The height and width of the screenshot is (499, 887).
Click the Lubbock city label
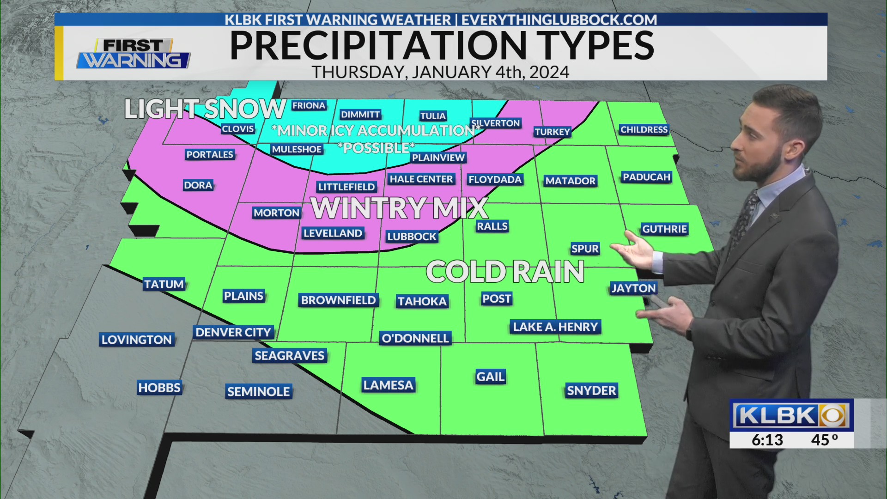(412, 237)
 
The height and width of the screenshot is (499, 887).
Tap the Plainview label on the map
(438, 158)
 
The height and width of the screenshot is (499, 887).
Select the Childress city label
(644, 129)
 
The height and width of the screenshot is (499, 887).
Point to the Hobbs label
(159, 387)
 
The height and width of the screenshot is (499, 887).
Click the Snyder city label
(591, 390)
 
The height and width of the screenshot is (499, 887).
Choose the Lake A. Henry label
(555, 327)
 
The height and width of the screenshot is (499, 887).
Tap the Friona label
(309, 105)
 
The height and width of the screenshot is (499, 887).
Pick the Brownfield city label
(338, 300)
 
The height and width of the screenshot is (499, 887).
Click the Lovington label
(137, 340)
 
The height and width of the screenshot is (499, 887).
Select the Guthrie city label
(664, 229)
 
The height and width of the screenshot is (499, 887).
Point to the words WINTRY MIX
(400, 208)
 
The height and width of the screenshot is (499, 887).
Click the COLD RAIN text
(505, 272)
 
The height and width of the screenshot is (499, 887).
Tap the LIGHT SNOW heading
(205, 110)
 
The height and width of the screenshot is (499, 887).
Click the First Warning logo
(134, 54)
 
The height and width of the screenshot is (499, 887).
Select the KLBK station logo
(791, 415)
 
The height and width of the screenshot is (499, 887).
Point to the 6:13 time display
(767, 440)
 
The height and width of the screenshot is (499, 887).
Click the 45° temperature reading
(824, 440)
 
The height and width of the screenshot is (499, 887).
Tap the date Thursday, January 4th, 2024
(440, 72)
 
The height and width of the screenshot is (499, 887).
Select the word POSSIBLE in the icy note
(376, 148)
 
